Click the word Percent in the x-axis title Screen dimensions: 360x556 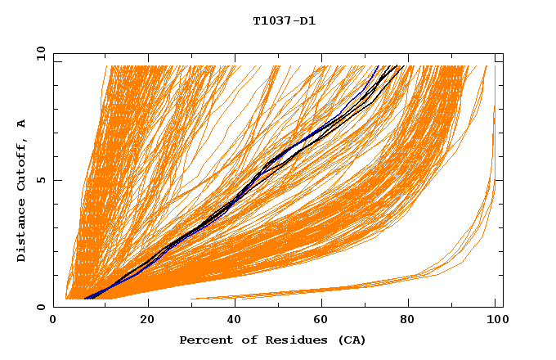click(204, 340)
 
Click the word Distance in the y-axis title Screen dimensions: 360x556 click(21, 231)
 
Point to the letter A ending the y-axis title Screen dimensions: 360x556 click(21, 123)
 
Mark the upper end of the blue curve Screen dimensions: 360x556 click(379, 66)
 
